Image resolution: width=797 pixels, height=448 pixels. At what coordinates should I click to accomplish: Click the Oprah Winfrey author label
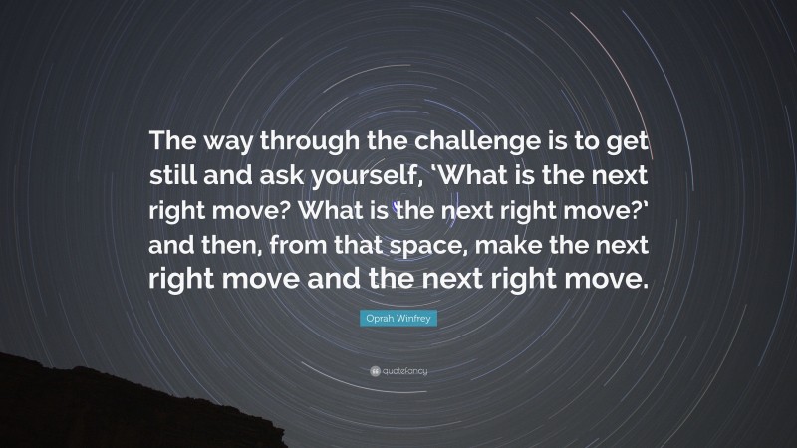click(398, 321)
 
